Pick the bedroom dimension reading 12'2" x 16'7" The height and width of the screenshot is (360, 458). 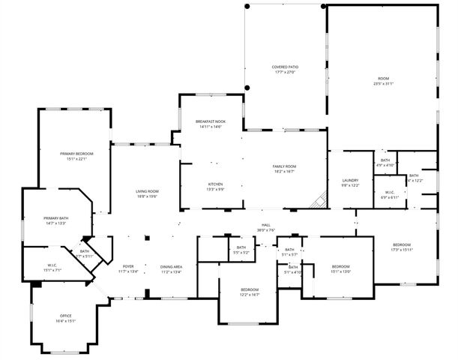250,295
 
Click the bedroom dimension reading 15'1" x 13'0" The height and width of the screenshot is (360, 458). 341,271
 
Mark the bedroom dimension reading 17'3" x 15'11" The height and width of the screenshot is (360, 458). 403,250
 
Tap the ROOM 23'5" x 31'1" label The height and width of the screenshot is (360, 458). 383,81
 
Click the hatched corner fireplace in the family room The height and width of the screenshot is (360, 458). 321,199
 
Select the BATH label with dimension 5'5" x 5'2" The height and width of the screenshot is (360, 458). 241,250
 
